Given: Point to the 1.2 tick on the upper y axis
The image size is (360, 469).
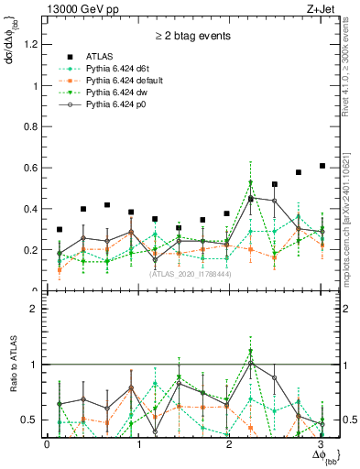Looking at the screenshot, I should click(32, 45).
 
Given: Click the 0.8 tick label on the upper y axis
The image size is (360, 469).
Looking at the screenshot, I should click(32, 127).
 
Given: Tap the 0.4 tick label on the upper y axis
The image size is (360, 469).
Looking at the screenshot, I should click(32, 209).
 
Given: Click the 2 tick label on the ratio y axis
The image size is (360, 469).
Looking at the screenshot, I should click(35, 309).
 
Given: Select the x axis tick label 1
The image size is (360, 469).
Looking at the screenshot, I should click(138, 443).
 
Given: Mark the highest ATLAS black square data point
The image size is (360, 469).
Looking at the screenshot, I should click(322, 166).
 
